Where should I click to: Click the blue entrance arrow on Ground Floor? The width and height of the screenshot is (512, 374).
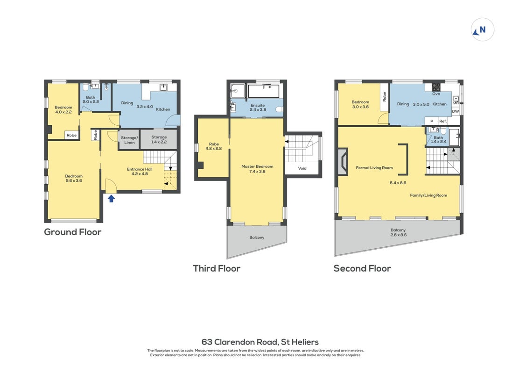tap(112, 199)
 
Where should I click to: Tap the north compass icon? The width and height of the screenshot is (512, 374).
tap(482, 29)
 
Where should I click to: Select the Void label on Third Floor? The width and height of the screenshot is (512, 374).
tap(302, 168)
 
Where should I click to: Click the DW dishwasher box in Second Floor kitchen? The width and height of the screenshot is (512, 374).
tap(456, 111)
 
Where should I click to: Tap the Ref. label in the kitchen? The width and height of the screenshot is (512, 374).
tap(443, 121)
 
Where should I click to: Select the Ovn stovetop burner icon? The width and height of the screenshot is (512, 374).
tap(436, 87)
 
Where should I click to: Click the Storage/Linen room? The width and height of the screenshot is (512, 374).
tap(129, 140)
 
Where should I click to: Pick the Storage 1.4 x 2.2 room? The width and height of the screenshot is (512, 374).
tap(159, 140)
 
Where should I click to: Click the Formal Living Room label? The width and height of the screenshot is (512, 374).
tap(374, 168)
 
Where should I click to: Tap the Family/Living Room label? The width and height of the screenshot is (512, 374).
tap(428, 195)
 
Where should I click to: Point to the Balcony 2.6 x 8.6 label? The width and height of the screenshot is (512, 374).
tap(399, 232)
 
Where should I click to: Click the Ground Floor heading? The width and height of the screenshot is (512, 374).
tap(72, 232)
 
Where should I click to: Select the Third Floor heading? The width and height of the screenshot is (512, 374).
tap(217, 268)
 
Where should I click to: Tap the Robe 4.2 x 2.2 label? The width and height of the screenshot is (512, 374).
tap(214, 146)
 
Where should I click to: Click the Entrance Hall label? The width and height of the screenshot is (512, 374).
tap(140, 172)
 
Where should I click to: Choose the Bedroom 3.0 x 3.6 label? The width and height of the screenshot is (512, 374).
tap(360, 104)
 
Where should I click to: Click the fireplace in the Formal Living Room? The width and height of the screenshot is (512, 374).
tap(343, 161)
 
